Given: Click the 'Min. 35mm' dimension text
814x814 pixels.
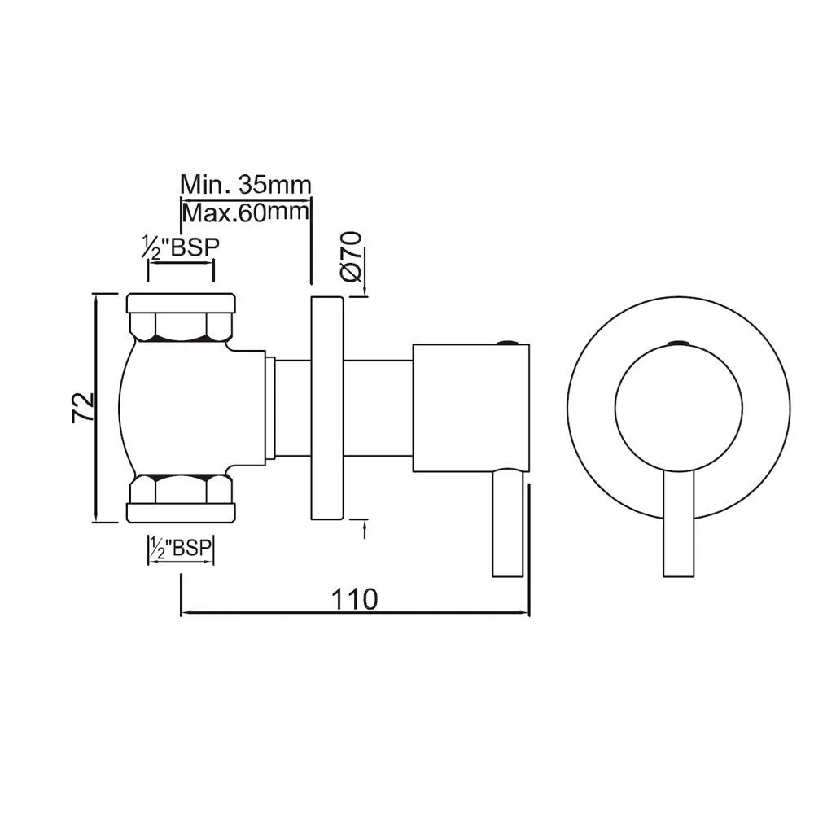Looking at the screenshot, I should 245,185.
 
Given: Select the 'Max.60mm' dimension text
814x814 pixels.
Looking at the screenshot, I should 245,213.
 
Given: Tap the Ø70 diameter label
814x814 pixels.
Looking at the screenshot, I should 352,256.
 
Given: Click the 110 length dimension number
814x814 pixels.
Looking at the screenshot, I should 354,598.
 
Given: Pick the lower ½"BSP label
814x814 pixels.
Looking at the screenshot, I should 181,549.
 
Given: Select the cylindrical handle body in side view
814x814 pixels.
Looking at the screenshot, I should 470,407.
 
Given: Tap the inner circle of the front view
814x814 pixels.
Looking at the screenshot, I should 677,407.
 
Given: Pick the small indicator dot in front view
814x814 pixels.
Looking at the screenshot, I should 677,343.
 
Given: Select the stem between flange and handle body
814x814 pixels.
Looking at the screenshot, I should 379,407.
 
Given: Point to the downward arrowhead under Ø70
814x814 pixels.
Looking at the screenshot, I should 364,288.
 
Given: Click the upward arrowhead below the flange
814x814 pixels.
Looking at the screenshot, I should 364,527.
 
